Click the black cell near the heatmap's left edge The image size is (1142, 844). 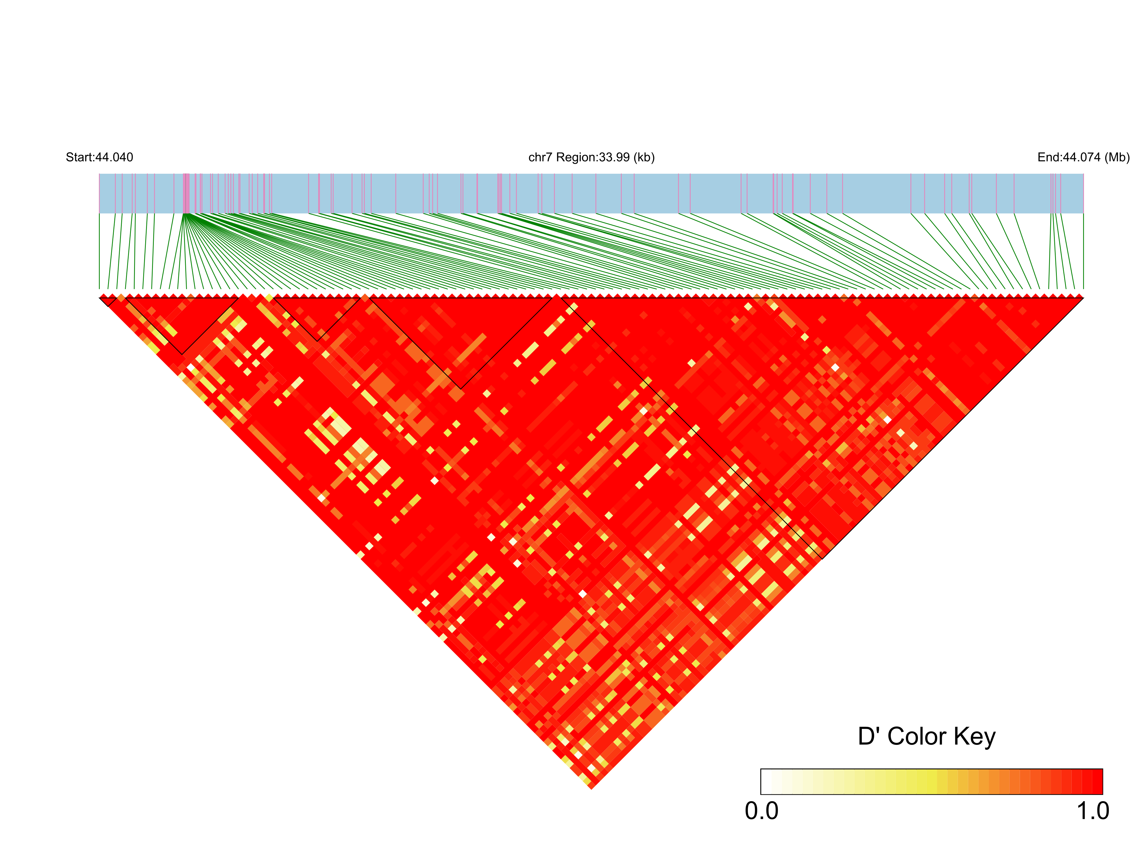191,367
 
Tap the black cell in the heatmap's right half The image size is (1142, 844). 888,420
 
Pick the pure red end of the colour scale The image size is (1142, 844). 1097,782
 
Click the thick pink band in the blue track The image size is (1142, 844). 186,193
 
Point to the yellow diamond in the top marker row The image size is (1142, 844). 269,297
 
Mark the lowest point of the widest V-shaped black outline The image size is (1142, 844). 461,389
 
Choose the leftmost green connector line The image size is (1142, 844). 99,250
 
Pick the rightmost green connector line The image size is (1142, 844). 1083,250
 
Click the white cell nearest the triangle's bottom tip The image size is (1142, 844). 591,768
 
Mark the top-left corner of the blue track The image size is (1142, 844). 99,174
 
